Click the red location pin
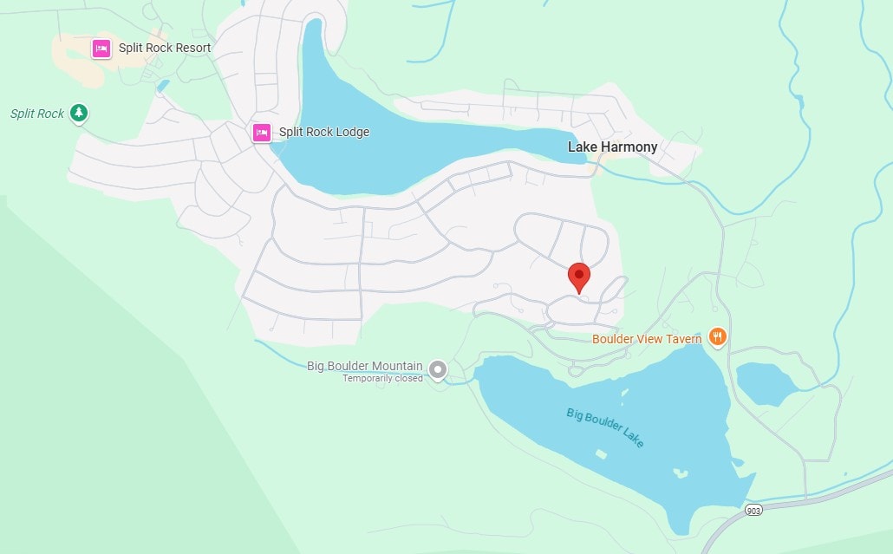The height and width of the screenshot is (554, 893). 578,277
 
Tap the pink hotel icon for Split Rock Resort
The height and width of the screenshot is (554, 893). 101,48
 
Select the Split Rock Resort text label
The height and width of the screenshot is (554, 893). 165,48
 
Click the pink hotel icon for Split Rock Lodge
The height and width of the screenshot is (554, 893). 261,133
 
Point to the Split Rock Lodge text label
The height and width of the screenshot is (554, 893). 323,133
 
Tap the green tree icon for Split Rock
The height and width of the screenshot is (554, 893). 79,113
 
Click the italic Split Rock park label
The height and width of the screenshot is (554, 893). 37,114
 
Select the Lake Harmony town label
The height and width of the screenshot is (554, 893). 612,147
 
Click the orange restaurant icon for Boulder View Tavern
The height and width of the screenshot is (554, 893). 717,336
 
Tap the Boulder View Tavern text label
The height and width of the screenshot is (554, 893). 647,339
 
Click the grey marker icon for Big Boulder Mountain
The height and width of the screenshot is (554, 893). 439,370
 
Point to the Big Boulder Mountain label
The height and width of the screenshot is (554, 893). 365,366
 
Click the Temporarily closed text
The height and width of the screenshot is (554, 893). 382,378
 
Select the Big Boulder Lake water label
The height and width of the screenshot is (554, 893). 605,427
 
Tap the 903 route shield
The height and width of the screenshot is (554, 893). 753,512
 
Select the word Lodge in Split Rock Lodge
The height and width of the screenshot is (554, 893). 351,133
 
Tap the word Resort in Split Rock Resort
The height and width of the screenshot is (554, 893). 192,48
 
